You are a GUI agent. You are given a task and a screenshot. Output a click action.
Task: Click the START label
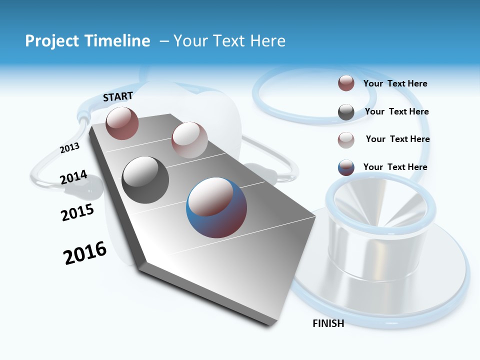pos(118,96)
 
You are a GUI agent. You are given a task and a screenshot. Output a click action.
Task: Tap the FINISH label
pos(328,323)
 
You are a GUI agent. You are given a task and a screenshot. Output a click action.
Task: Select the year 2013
pos(69,148)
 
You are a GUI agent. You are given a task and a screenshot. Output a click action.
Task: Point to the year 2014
pos(73,177)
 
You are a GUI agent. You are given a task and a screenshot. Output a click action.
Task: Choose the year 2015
pos(77,212)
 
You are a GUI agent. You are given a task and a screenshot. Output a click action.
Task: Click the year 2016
pos(85,253)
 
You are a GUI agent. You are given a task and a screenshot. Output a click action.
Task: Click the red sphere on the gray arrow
pos(122,123)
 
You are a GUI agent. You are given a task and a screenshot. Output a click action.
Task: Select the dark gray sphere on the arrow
pos(145,179)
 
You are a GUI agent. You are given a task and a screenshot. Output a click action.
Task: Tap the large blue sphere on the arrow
pos(216,207)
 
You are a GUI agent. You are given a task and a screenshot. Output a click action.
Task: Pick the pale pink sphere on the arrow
pos(189,140)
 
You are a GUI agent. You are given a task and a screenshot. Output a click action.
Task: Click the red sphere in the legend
pos(346,83)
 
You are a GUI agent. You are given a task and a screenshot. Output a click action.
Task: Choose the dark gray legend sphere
pos(346,112)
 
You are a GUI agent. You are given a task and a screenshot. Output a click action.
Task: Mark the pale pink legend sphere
pos(346,140)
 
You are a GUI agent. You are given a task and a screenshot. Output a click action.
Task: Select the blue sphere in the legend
pos(346,167)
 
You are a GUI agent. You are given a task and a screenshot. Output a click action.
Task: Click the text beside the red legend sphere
pos(395,84)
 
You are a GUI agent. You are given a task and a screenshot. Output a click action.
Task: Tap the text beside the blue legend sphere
pos(395,167)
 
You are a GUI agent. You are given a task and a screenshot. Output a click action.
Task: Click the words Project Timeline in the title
pos(87,41)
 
